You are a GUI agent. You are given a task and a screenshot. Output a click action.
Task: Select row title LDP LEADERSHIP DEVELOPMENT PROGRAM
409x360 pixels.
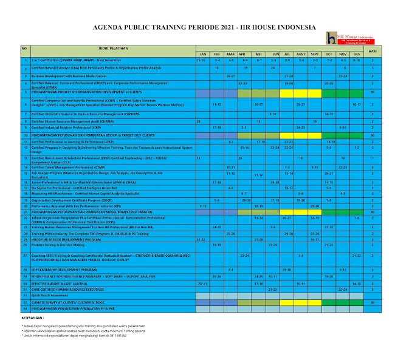click(64, 269)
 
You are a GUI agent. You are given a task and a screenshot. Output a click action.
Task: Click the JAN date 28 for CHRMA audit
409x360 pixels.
click(199, 121)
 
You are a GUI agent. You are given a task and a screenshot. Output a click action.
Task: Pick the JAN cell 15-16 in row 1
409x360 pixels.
click(201, 61)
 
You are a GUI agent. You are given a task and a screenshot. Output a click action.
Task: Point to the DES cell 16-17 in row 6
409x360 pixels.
click(357, 104)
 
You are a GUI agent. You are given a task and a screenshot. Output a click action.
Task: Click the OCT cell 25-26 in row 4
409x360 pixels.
click(329, 83)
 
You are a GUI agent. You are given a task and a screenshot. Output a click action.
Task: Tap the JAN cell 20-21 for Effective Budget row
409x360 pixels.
click(203, 283)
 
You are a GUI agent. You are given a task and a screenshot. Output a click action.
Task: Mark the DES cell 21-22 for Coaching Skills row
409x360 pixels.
click(357, 256)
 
